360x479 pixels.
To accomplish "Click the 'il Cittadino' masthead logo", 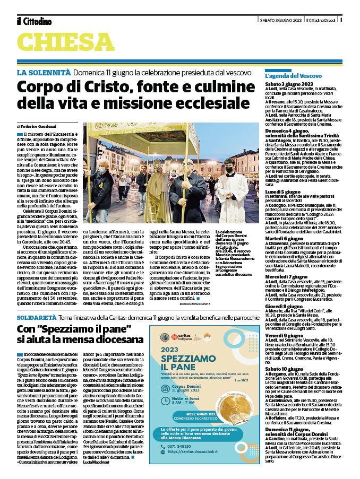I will click(34, 21).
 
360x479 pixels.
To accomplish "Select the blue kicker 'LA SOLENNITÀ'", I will click(44, 72).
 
